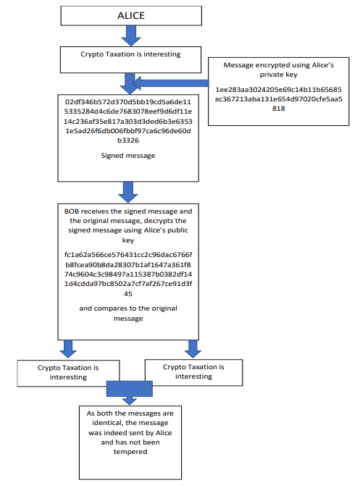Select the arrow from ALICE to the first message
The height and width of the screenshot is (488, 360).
(x=130, y=35)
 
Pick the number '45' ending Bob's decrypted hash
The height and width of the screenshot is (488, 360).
(x=127, y=293)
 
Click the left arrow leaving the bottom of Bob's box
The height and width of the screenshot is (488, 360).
(x=67, y=348)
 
